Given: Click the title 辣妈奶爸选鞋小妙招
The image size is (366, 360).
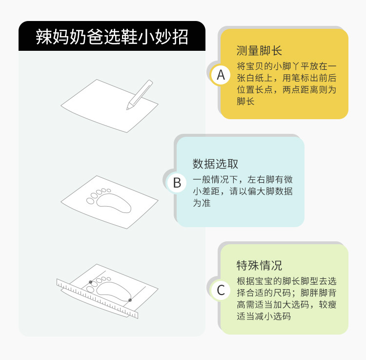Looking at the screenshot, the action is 112,37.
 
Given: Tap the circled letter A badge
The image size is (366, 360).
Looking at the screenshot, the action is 221,75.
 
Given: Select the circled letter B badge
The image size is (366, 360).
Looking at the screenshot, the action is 177,183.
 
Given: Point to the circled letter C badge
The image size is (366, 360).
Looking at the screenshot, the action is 221,290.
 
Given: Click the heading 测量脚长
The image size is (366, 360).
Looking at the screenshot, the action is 259,50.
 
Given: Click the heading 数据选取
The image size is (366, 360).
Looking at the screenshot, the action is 215,164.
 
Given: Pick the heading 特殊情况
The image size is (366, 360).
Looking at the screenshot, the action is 259,265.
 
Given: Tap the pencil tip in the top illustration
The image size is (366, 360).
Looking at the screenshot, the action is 127,109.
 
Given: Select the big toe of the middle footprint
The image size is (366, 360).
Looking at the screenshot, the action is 90,201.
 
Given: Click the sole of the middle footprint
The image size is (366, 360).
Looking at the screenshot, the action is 114,203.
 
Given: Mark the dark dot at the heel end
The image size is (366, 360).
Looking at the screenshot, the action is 130,300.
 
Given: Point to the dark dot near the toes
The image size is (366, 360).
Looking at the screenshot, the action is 91,282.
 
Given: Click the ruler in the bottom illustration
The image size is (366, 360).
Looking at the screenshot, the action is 97,298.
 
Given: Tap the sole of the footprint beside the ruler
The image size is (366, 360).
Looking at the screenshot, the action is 114,291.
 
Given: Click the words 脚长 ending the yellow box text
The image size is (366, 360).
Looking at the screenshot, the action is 245,102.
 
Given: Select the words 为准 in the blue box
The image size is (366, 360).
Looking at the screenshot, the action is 202,203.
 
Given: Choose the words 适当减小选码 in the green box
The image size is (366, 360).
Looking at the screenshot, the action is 264,317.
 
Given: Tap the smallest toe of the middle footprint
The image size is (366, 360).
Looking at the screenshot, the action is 109,191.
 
